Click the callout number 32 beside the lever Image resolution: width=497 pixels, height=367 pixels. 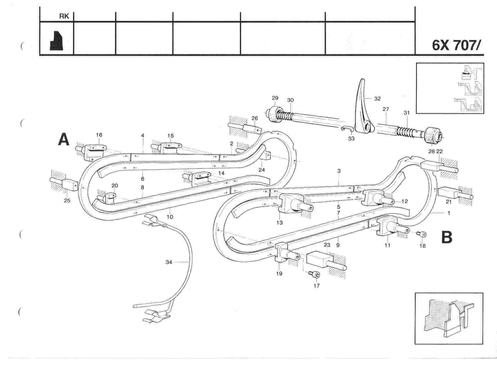pos(377,99)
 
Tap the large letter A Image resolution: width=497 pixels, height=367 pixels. pos(64,139)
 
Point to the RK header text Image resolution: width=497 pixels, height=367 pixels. pos(64,17)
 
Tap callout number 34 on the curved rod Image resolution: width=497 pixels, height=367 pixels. pos(169,262)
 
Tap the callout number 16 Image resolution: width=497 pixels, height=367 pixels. pos(99,135)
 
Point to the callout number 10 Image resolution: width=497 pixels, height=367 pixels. pos(170,216)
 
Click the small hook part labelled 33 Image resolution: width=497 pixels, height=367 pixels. pos(347,129)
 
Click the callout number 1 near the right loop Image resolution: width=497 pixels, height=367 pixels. pos(449,213)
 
